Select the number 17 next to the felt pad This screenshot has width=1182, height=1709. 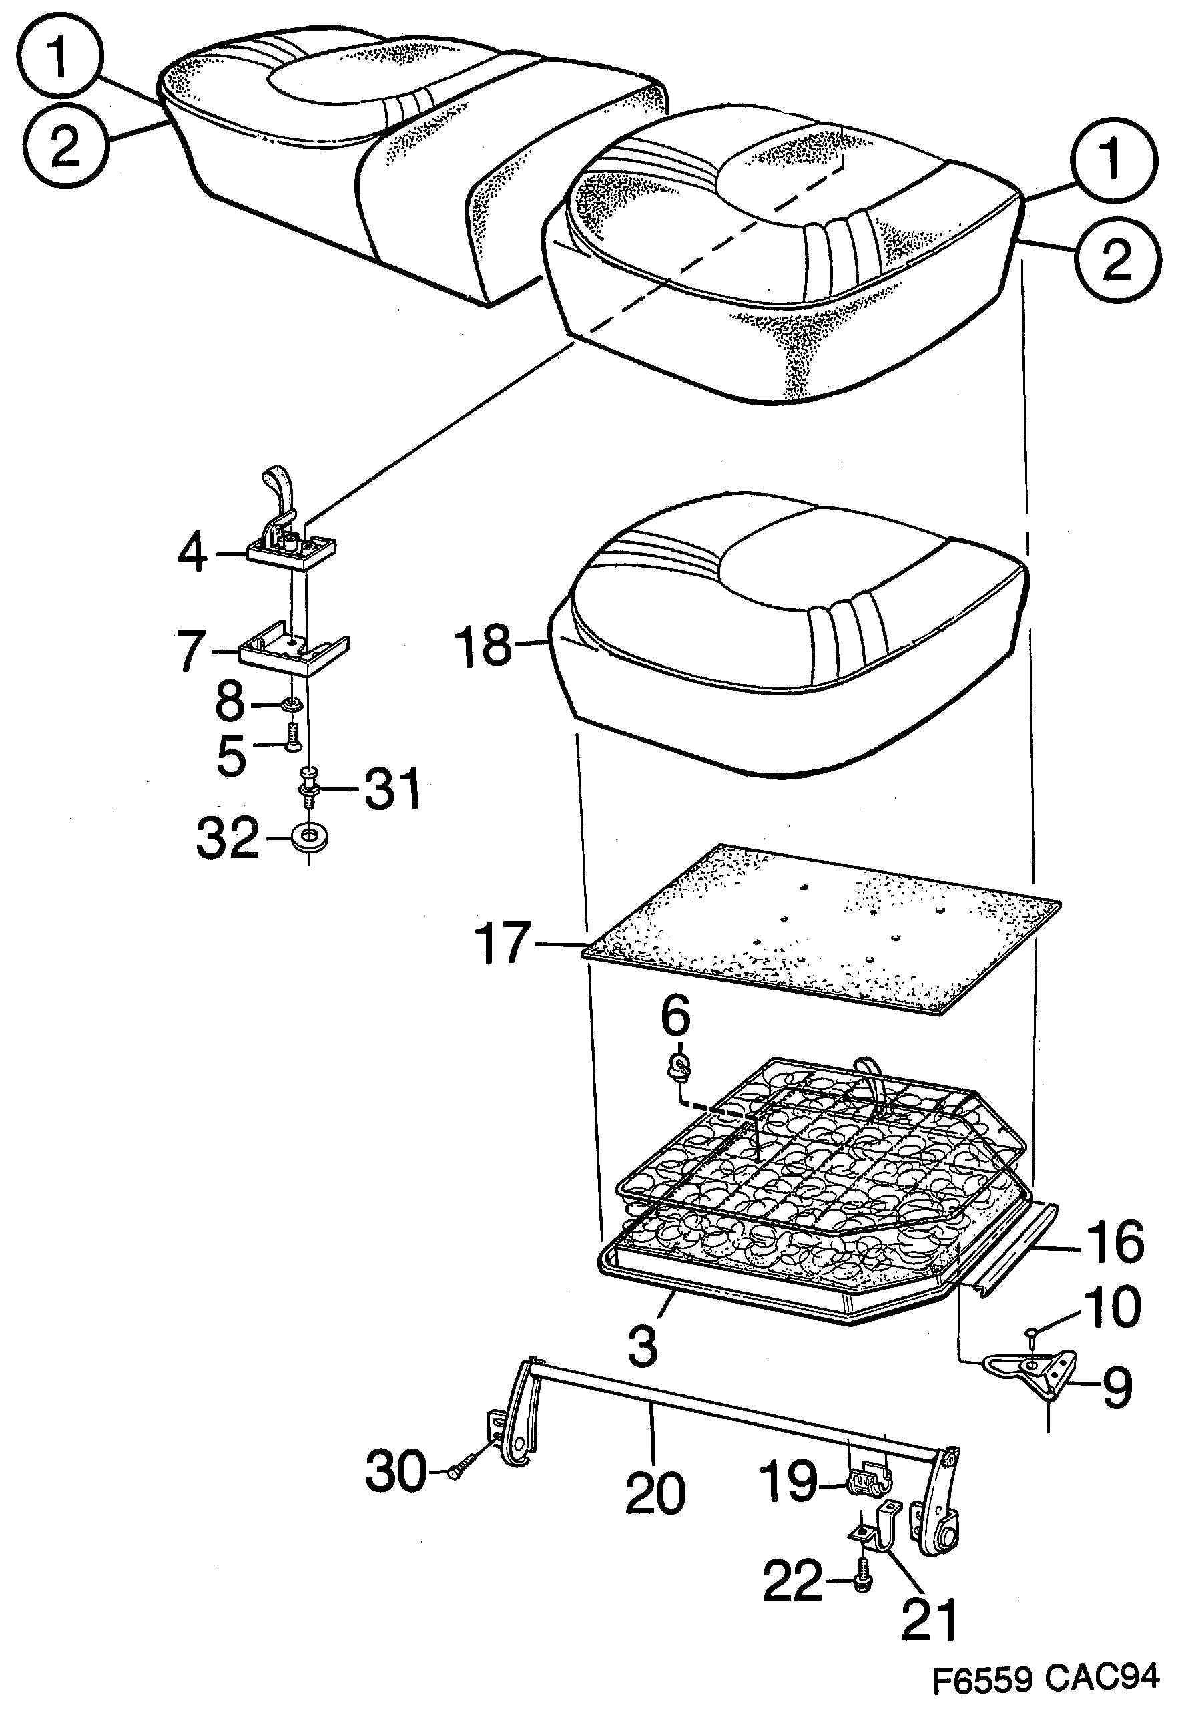(503, 943)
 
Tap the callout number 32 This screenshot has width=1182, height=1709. (228, 838)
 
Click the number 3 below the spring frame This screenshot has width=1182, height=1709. (642, 1346)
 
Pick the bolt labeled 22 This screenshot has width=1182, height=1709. (864, 1585)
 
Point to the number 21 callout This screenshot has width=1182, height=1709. (930, 1619)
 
